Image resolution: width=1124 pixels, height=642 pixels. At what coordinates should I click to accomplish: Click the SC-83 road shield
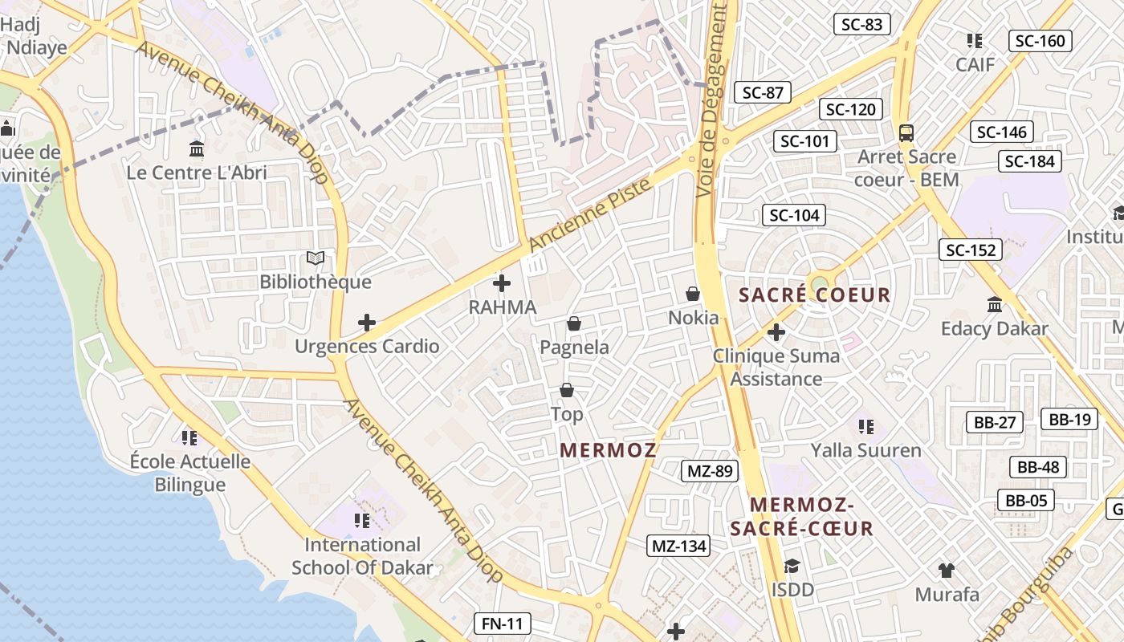coord(862,24)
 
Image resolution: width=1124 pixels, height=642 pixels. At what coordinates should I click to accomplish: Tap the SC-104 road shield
coord(795,215)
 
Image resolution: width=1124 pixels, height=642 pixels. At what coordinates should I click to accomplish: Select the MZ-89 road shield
coord(710,471)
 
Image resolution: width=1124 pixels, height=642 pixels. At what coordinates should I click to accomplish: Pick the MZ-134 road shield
coord(679,547)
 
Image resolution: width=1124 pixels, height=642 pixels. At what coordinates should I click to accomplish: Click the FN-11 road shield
coord(503,623)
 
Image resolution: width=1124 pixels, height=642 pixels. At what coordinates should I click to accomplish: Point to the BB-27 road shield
coord(996,422)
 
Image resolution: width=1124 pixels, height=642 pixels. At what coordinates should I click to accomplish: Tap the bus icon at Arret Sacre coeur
coord(906,132)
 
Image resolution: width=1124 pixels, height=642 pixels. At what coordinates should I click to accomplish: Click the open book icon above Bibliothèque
coord(316,258)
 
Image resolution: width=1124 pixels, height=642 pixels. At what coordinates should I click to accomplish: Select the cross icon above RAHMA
coord(502,283)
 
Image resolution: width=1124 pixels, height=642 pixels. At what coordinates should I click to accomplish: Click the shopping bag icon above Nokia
coord(693,294)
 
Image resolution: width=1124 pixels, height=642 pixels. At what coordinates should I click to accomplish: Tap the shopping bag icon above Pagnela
coord(574,323)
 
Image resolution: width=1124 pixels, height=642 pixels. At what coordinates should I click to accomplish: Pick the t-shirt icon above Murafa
coord(947,571)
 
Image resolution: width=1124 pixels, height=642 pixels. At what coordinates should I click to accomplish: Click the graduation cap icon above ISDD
coord(792,566)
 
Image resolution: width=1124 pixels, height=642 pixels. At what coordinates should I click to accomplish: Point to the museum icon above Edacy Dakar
coord(995,305)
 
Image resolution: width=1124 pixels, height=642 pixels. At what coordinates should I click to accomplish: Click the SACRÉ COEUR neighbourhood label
coord(815,295)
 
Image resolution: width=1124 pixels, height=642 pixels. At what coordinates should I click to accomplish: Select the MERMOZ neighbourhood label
coord(609,450)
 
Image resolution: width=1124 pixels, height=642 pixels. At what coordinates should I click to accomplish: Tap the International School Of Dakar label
coord(362,556)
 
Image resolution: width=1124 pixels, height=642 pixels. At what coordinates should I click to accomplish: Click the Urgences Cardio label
coord(367,347)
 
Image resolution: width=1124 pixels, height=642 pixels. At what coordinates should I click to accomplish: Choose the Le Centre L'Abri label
coord(197,173)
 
